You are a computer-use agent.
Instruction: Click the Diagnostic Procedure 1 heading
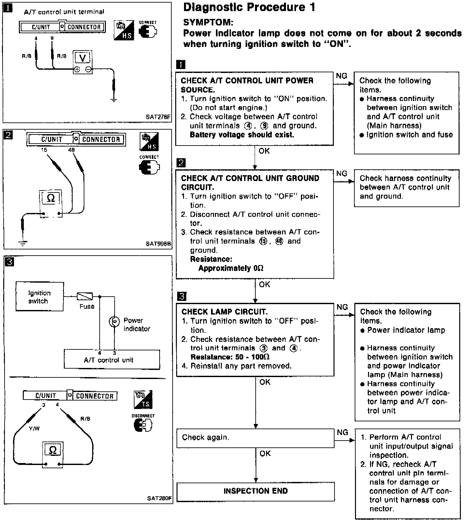click(249, 7)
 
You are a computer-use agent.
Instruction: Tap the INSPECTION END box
click(255, 491)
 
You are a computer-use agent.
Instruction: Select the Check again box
click(255, 438)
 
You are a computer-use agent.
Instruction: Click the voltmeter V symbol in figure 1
click(83, 58)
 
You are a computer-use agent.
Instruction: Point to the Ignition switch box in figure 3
click(39, 297)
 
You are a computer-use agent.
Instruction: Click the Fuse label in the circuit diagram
click(87, 306)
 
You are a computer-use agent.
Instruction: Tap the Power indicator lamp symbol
click(114, 322)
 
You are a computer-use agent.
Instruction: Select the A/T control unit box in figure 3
click(112, 360)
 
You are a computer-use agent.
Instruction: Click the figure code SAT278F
click(158, 117)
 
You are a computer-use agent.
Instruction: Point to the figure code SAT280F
click(159, 499)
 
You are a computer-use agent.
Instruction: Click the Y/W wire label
click(34, 429)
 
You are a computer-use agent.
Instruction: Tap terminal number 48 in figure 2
click(72, 150)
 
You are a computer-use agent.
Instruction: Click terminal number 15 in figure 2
click(44, 150)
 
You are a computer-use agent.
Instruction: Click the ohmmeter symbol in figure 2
click(51, 198)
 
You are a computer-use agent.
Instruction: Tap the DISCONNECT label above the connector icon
click(143, 416)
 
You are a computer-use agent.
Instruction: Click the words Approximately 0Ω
click(231, 268)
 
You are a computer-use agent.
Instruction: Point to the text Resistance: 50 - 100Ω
click(230, 357)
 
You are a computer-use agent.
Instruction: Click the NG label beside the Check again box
click(342, 432)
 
